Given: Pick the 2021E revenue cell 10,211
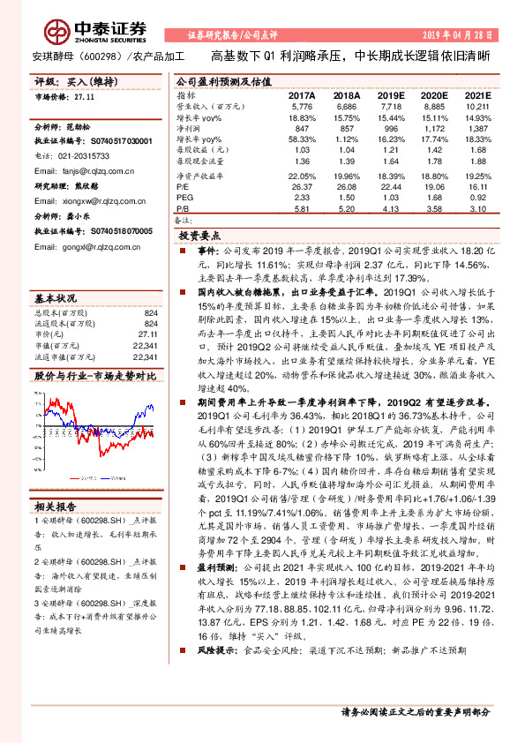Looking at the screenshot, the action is pos(474,105).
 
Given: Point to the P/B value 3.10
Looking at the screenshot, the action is pos(477,208).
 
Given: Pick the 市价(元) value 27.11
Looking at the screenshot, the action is pos(146,323).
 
